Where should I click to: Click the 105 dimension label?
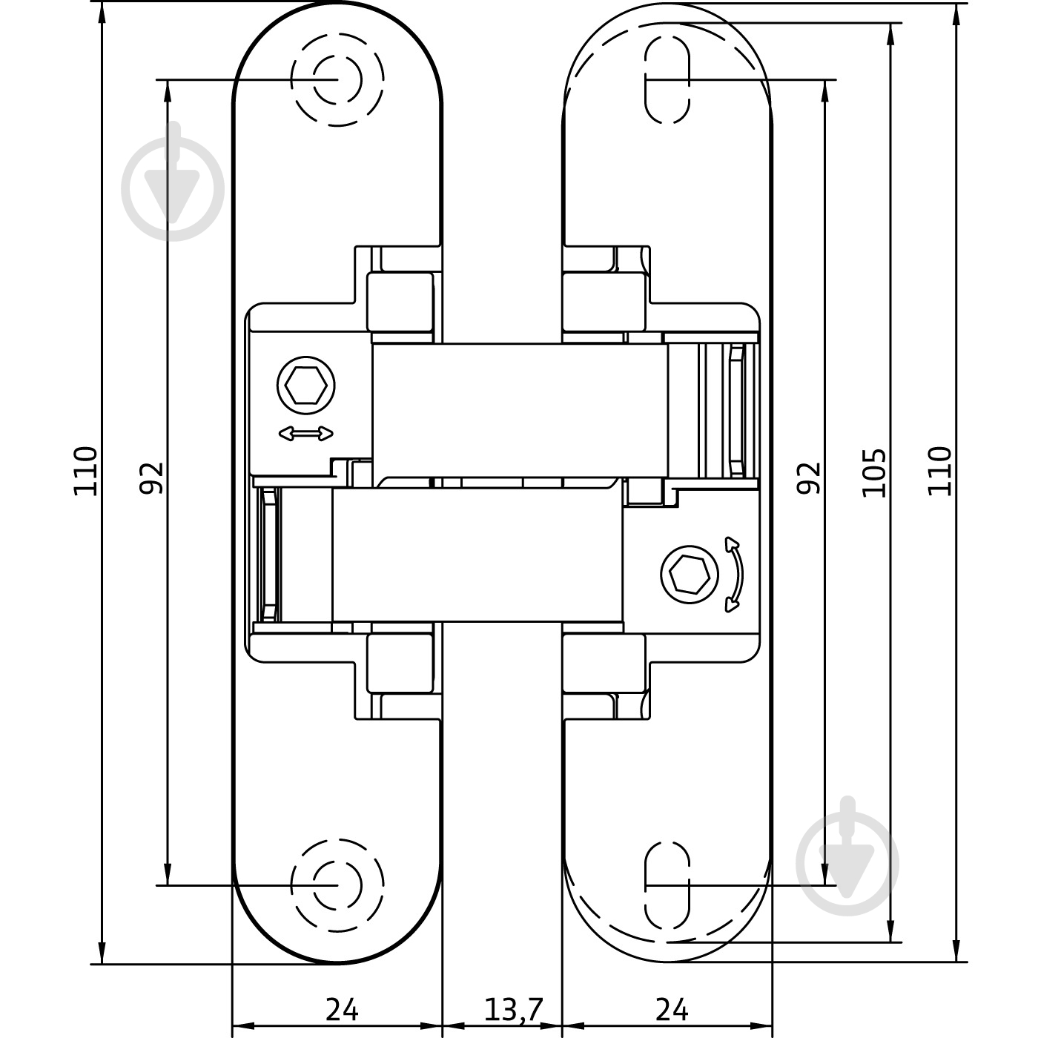[x=875, y=472]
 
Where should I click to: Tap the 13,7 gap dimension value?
[x=514, y=1009]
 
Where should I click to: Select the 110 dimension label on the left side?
[x=85, y=471]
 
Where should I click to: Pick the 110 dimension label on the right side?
[x=939, y=471]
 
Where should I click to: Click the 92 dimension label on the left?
[x=151, y=477]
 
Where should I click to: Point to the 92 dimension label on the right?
[x=810, y=477]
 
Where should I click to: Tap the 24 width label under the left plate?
[x=342, y=1009]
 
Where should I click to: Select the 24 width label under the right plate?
[x=672, y=1009]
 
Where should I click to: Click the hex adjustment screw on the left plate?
[x=305, y=386]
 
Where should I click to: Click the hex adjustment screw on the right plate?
[x=690, y=574]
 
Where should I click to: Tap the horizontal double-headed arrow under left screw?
[x=305, y=434]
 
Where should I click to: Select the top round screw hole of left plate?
[x=337, y=79]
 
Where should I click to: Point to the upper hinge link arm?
[x=519, y=409]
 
